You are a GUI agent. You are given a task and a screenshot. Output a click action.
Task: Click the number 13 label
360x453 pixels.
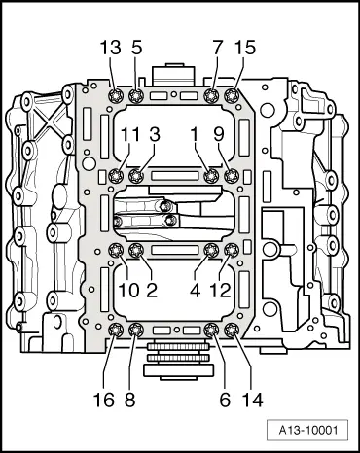[110, 48]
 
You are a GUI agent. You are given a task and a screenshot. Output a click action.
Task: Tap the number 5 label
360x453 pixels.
[136, 48]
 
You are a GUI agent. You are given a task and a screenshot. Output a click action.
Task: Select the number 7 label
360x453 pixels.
[216, 48]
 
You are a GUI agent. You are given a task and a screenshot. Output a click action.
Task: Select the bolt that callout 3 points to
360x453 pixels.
[137, 176]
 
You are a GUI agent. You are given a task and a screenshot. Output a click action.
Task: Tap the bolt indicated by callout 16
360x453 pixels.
[116, 331]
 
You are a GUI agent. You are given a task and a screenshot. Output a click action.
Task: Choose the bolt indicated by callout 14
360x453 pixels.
[232, 331]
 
